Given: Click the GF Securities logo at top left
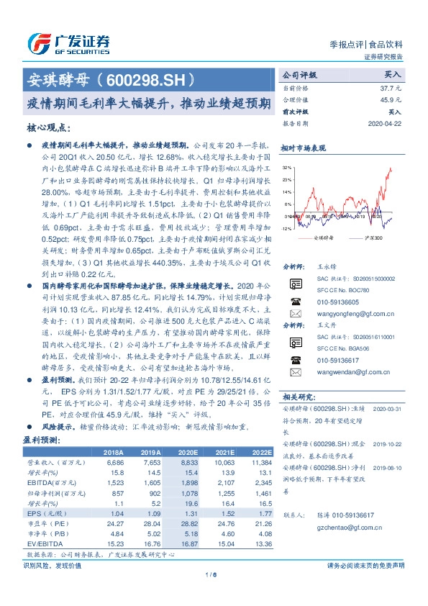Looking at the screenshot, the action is [x=68, y=42].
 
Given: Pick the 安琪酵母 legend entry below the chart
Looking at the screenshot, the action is [x=323, y=237].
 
